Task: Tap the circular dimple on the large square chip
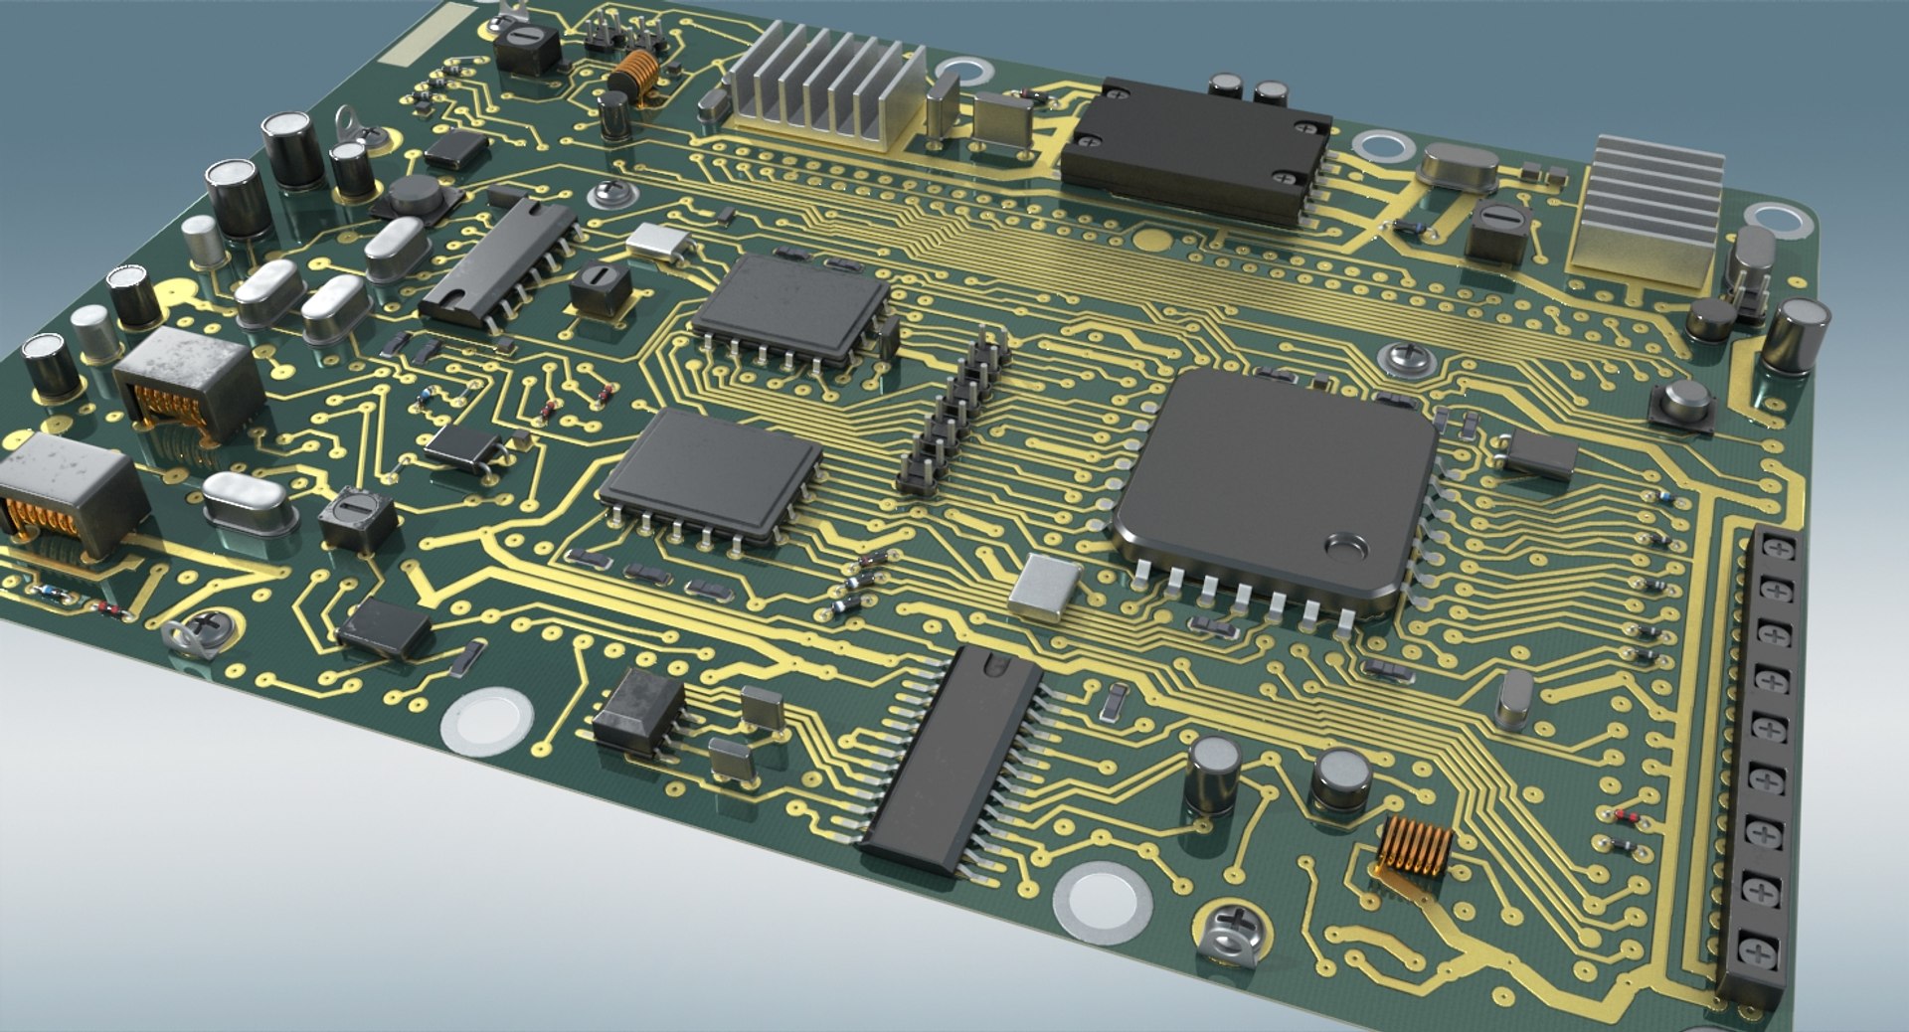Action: [x=1346, y=545]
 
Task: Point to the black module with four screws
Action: [x=1196, y=149]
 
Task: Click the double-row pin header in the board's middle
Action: [x=954, y=413]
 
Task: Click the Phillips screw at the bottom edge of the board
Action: [x=1233, y=930]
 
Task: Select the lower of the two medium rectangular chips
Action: [x=711, y=475]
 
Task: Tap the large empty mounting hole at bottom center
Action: [x=1102, y=900]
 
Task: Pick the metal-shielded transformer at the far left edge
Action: [x=65, y=497]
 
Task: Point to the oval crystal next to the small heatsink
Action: [x=1459, y=166]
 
